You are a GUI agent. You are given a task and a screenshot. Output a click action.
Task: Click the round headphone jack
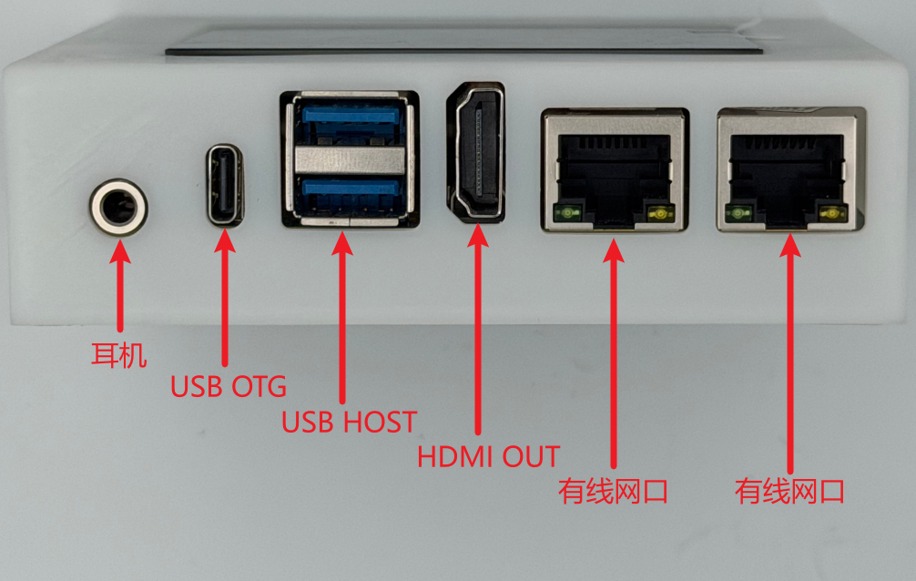click(118, 208)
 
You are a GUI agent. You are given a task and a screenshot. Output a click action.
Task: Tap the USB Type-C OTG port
click(225, 185)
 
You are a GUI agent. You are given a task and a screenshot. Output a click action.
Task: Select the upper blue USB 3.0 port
click(351, 121)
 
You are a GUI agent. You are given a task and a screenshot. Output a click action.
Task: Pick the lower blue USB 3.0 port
click(351, 193)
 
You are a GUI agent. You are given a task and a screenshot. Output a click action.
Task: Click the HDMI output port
click(476, 153)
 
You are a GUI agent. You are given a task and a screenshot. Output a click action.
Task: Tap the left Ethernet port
click(616, 170)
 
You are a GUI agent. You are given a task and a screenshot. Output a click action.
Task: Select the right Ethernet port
click(791, 170)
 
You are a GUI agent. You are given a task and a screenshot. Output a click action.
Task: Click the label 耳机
click(118, 355)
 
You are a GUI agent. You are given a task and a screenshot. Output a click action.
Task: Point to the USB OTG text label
click(229, 386)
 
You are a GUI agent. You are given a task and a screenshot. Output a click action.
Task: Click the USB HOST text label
click(350, 422)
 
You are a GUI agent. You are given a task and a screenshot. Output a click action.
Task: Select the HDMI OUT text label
click(488, 456)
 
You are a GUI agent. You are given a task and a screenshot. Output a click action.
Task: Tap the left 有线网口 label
click(613, 491)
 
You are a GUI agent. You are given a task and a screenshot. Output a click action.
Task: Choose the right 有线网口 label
click(789, 491)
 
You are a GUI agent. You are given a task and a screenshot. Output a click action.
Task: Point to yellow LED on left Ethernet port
click(660, 214)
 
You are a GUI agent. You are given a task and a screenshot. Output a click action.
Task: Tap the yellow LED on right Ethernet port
click(832, 214)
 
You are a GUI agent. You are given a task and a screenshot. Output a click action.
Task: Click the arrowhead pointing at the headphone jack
click(120, 251)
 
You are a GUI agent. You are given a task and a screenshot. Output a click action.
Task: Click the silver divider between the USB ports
click(350, 159)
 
